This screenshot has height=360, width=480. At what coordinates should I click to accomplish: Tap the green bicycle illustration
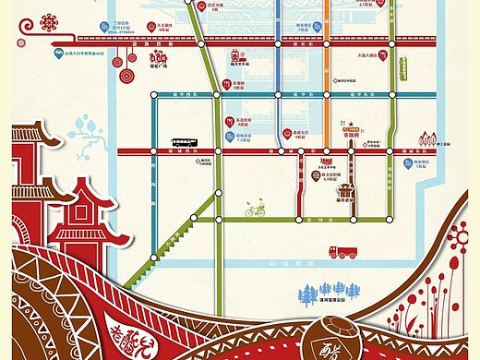pos(255,210)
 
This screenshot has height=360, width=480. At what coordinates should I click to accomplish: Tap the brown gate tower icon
pos(345,192)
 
